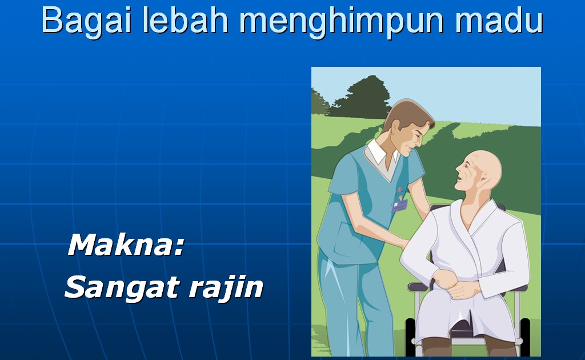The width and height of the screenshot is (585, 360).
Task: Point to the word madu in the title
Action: click(x=498, y=20)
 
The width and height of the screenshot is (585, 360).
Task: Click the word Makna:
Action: click(x=126, y=245)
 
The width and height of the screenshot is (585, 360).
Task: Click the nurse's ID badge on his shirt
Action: click(x=399, y=206)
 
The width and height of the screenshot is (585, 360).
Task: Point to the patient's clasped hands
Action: click(x=455, y=283)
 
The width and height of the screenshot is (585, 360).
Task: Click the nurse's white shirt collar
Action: click(x=381, y=153)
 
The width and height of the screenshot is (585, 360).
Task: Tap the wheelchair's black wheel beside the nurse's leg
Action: click(x=410, y=336)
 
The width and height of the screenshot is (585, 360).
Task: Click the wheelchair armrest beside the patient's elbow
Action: click(x=418, y=286)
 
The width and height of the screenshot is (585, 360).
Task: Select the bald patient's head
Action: click(x=479, y=170)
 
